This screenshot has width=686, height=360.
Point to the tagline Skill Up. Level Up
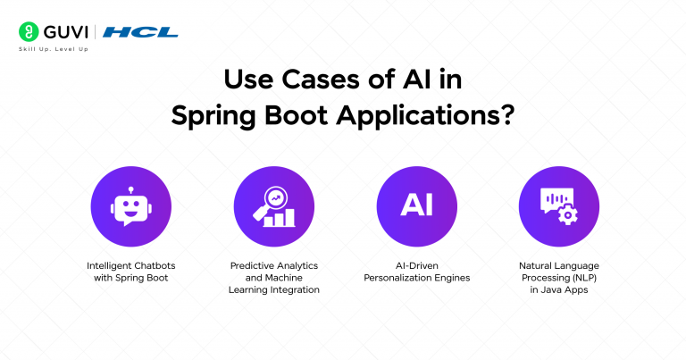click(x=53, y=48)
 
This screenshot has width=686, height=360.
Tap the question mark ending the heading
click(x=506, y=115)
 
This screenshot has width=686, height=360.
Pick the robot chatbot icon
click(x=131, y=206)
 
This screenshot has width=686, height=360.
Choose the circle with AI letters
click(x=416, y=206)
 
